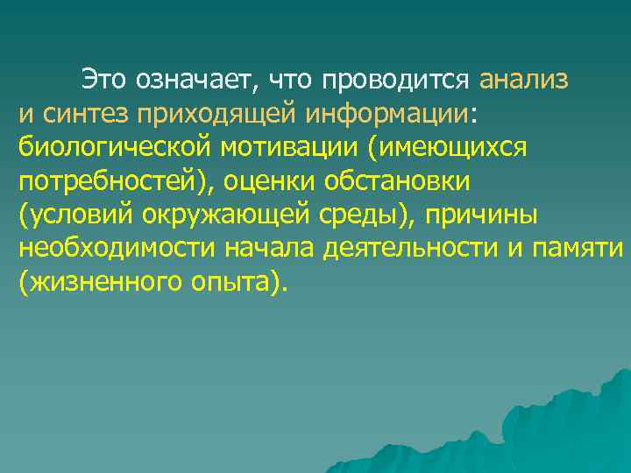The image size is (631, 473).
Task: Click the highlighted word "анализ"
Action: click(x=524, y=80)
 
